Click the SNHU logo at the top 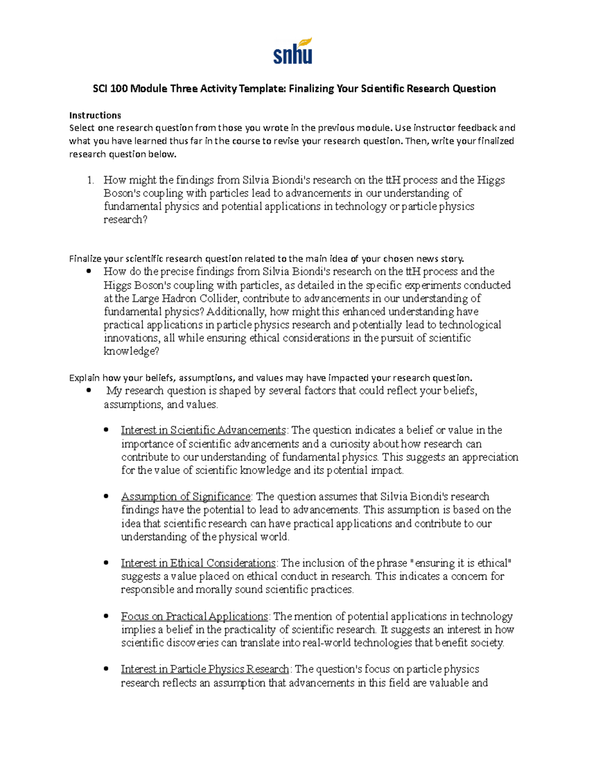tap(293, 51)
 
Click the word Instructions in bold tap(95, 115)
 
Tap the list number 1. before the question tap(90, 180)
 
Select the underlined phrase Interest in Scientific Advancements tap(203, 430)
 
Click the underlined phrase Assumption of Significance tap(186, 497)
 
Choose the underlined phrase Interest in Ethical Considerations tap(198, 563)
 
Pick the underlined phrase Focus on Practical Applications tap(194, 616)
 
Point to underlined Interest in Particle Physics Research tap(205, 669)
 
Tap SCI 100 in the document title tap(110, 89)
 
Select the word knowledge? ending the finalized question tap(132, 351)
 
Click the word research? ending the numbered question tap(125, 220)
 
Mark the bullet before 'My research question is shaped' tap(89, 391)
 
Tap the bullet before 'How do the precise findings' tap(89, 271)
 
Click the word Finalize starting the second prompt tap(84, 259)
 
